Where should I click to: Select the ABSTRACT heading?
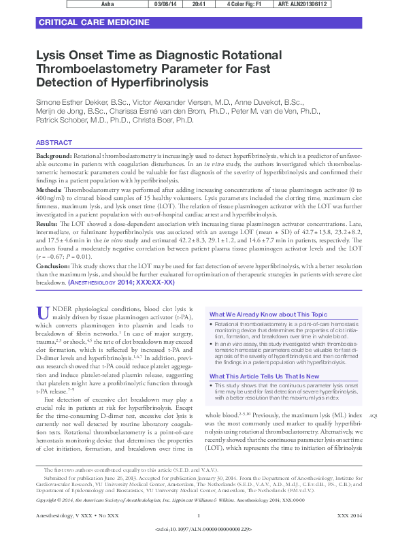54,143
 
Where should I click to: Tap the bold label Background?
54,157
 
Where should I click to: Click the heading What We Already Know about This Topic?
268,314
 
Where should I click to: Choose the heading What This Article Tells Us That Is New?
264,376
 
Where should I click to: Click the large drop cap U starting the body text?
43,312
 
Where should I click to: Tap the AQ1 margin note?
373,415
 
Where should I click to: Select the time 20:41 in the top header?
199,3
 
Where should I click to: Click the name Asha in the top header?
107,3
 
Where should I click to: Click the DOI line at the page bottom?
203,528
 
